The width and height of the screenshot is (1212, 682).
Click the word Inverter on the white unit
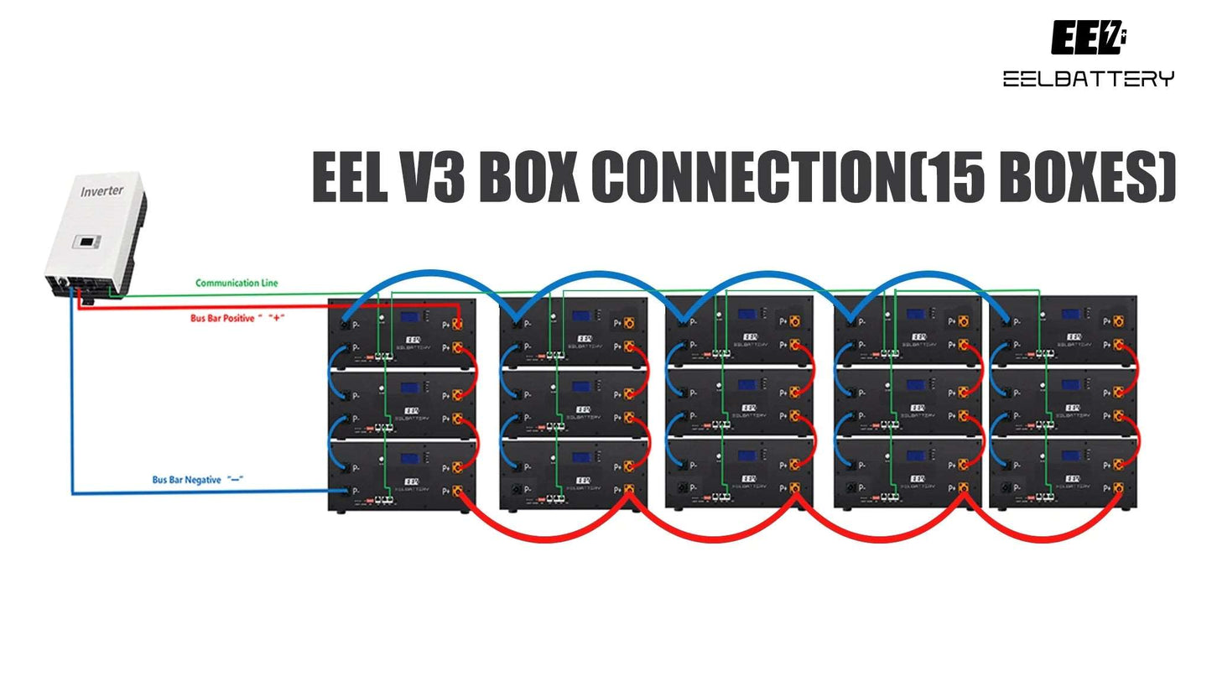click(101, 190)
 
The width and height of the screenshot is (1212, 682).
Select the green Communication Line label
click(237, 284)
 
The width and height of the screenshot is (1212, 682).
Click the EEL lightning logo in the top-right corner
click(1088, 39)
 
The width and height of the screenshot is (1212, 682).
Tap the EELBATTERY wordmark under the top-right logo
click(1088, 79)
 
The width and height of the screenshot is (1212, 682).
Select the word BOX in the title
click(529, 177)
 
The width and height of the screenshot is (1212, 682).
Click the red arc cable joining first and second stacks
click(545, 536)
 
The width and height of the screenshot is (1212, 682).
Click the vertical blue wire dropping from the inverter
click(72, 394)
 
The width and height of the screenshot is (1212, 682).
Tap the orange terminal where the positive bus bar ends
click(458, 325)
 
